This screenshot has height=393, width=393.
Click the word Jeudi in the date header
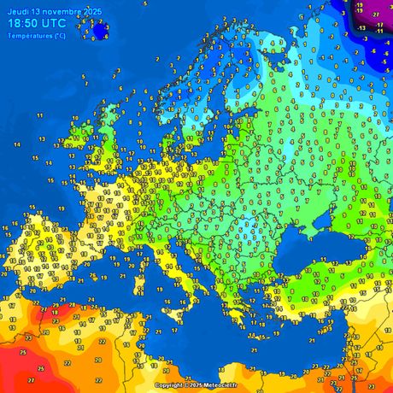coord(17,9)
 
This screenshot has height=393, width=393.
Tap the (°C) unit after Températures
coord(58,36)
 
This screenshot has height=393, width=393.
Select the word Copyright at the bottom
coord(170,385)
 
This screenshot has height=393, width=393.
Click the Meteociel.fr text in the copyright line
coord(220,385)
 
